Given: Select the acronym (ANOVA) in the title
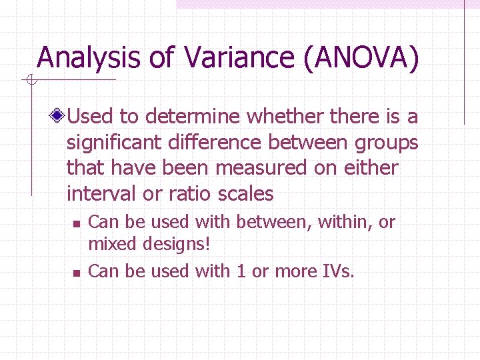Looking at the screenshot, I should click(x=361, y=57).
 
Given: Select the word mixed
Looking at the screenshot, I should click(x=111, y=244).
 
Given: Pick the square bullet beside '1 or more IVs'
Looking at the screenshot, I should click(x=76, y=273).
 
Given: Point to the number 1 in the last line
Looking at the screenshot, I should click(x=241, y=271).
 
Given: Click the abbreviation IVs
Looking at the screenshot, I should click(x=337, y=271).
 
